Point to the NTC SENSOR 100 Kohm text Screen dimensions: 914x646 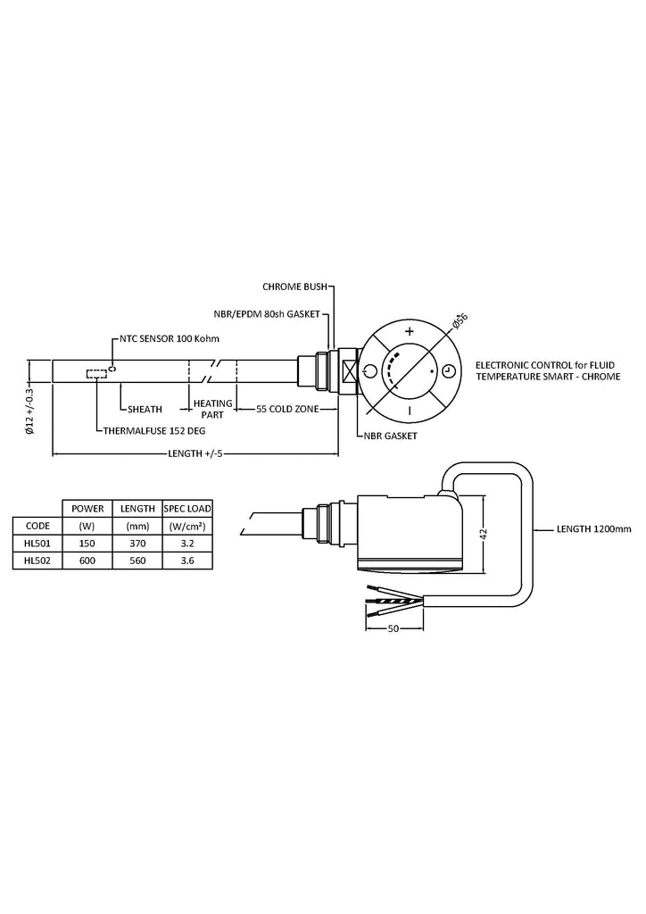[x=170, y=339]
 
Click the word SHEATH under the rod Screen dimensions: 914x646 [x=145, y=409]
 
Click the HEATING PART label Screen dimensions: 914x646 [x=212, y=409]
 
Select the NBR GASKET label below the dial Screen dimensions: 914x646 [x=392, y=436]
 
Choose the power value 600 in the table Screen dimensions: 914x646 [x=87, y=561]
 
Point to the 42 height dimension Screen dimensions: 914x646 [x=483, y=533]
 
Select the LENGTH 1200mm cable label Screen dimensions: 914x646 [x=593, y=529]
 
